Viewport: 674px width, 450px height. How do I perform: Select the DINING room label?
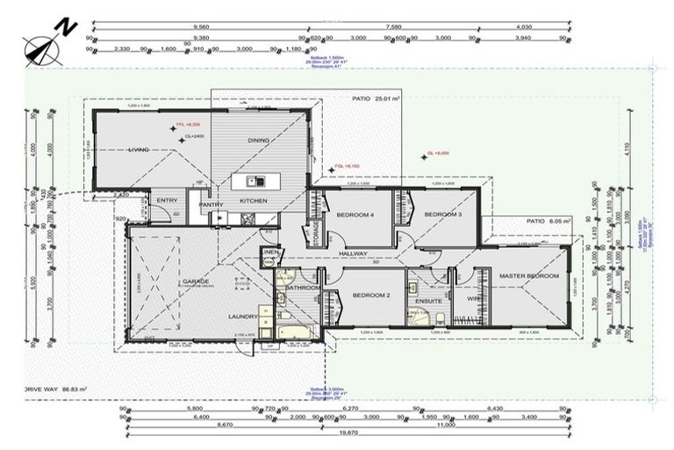[x=258, y=141]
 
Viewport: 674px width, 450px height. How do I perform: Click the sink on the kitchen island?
[x=255, y=182]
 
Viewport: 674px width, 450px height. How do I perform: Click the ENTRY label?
[x=167, y=201]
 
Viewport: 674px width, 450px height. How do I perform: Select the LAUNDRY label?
[x=243, y=316]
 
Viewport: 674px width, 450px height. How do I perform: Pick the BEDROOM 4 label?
[x=355, y=215]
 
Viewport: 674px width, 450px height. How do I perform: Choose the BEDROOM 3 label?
[x=441, y=215]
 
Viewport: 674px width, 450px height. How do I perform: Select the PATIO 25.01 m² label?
[x=375, y=99]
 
